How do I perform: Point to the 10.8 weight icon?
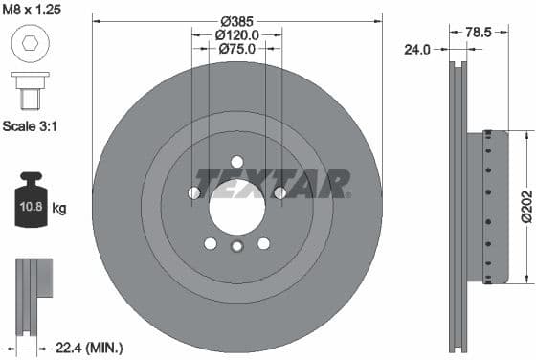(32, 205)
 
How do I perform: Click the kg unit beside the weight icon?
(59, 208)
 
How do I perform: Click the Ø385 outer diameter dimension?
(236, 21)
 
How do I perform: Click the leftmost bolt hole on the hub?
(194, 193)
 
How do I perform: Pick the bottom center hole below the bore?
(236, 248)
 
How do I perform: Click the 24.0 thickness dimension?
(417, 48)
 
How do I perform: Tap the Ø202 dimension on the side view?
(525, 205)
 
